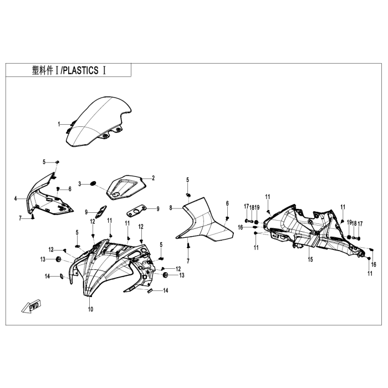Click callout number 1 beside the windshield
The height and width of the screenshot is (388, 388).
[59, 124]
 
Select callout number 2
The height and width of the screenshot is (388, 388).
[154, 178]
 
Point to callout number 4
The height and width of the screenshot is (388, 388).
[16, 197]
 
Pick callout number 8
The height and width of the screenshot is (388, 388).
[172, 208]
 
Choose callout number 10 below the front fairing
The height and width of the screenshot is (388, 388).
[90, 309]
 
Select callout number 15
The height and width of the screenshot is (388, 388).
[310, 259]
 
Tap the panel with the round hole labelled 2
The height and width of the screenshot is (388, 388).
[125, 185]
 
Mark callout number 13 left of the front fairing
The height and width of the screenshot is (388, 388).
[43, 259]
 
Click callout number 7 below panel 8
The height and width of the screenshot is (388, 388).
[188, 261]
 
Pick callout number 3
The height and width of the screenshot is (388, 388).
[80, 183]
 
